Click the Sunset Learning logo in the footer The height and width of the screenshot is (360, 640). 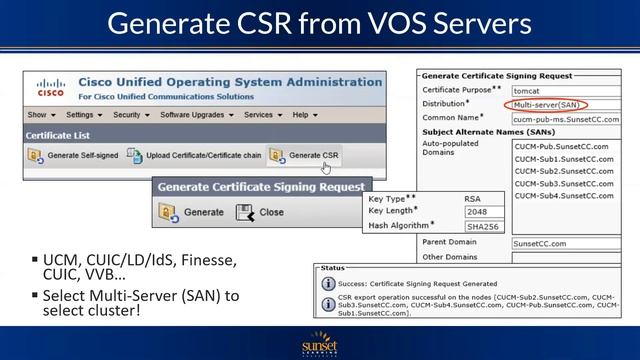click(321, 343)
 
